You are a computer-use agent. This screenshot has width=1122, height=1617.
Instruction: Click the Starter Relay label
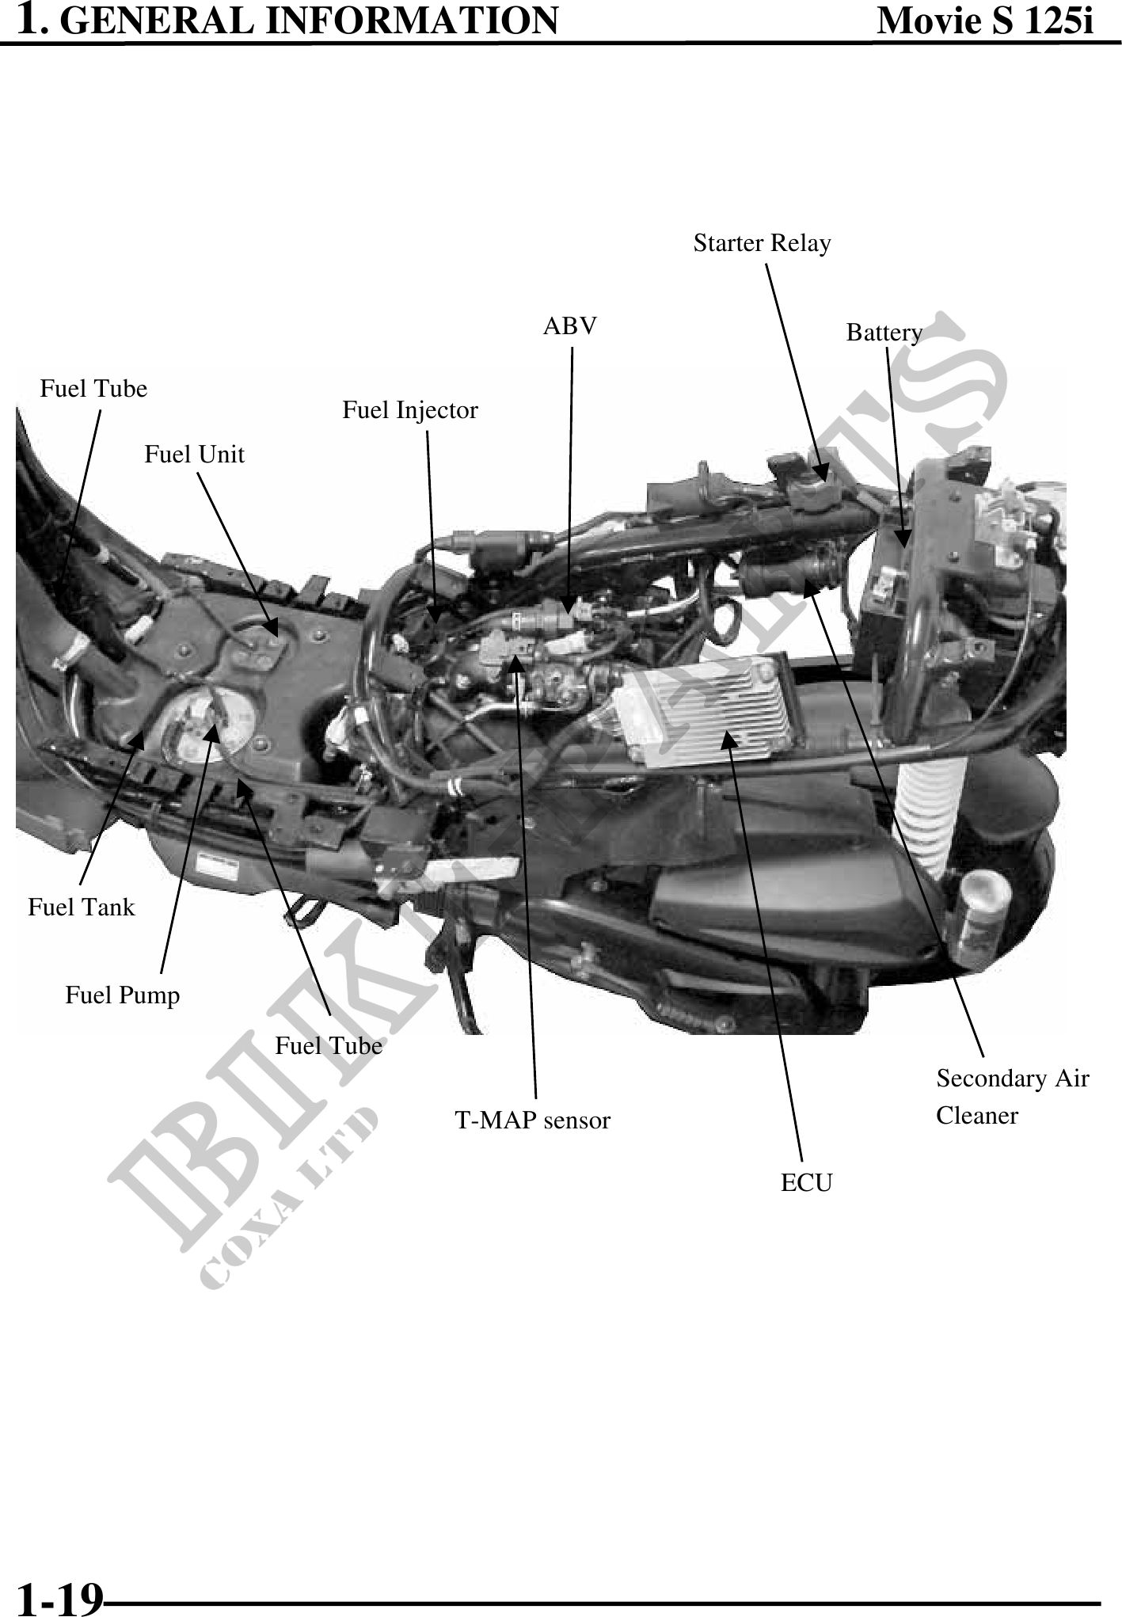(x=762, y=243)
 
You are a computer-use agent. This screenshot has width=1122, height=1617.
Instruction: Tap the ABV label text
(x=570, y=325)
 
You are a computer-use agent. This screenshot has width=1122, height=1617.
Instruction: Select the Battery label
(x=884, y=333)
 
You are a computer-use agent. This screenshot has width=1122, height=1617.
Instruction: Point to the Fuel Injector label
(x=409, y=410)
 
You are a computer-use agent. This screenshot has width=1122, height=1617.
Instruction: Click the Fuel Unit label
(x=194, y=455)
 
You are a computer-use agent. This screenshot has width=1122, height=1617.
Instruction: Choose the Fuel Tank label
(x=82, y=907)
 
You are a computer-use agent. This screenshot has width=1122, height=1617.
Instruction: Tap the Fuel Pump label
(x=123, y=995)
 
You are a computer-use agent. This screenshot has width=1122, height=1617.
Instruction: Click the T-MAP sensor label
(x=532, y=1120)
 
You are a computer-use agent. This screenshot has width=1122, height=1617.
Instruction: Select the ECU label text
(x=807, y=1183)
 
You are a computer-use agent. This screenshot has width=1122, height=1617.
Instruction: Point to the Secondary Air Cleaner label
(x=1013, y=1097)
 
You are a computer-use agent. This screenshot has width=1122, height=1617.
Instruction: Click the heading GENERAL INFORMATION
(x=310, y=20)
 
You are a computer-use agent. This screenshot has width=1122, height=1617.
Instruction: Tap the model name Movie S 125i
(x=986, y=21)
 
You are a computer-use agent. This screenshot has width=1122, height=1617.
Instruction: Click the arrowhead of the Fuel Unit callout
(x=271, y=628)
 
